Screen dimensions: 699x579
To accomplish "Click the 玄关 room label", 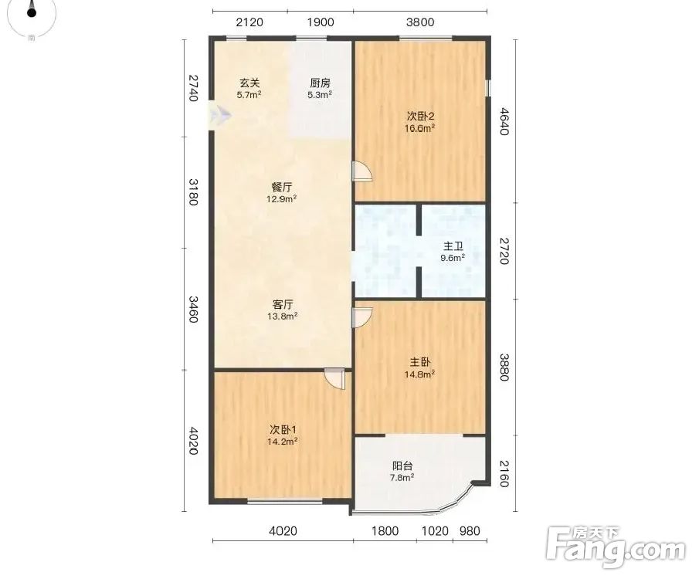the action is click(x=249, y=88).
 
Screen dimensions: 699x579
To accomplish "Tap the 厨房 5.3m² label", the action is click(x=320, y=88).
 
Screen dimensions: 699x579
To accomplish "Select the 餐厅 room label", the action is click(x=282, y=192).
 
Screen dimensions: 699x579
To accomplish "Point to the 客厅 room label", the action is click(x=282, y=310).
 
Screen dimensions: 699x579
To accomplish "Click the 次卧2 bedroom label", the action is click(x=420, y=122).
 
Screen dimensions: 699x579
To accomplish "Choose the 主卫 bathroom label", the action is click(x=453, y=252).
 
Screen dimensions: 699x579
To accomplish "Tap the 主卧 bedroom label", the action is click(x=420, y=367).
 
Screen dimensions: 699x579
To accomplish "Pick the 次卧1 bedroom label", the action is click(x=283, y=435).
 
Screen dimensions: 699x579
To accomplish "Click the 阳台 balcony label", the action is click(x=402, y=472).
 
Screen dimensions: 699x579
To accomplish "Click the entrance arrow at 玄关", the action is click(x=221, y=116).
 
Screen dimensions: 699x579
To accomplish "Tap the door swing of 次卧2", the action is click(x=362, y=171).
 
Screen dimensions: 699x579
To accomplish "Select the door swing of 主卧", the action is click(x=362, y=317).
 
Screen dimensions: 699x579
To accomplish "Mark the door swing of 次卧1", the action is click(x=334, y=379).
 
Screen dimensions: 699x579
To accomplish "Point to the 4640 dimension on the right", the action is click(x=504, y=121).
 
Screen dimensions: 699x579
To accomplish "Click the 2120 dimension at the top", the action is click(x=249, y=22).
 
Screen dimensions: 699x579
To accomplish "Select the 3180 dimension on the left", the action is click(x=192, y=192).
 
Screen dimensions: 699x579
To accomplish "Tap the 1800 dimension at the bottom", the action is click(x=385, y=531).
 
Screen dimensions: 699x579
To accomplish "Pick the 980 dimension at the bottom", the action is click(x=470, y=531).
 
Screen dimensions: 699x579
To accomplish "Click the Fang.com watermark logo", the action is click(x=616, y=548).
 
